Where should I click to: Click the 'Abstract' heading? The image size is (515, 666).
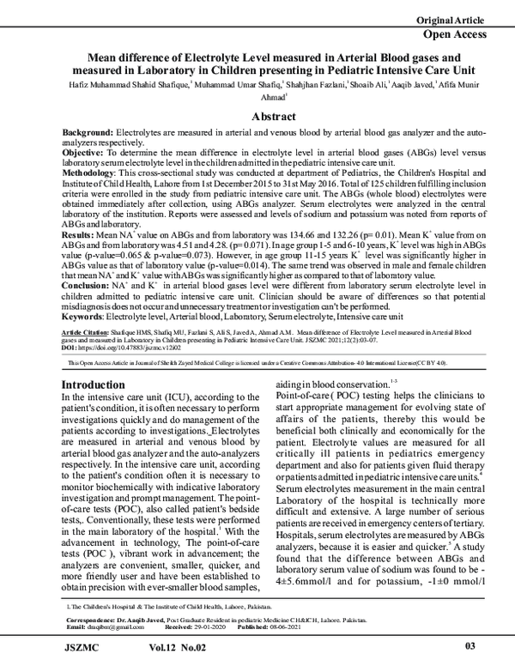258,116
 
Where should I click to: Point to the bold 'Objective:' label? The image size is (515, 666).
85,150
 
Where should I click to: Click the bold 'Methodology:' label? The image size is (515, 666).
92,172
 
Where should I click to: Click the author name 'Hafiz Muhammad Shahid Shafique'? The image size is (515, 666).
134,82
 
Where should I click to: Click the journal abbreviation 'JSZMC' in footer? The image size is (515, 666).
84,645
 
